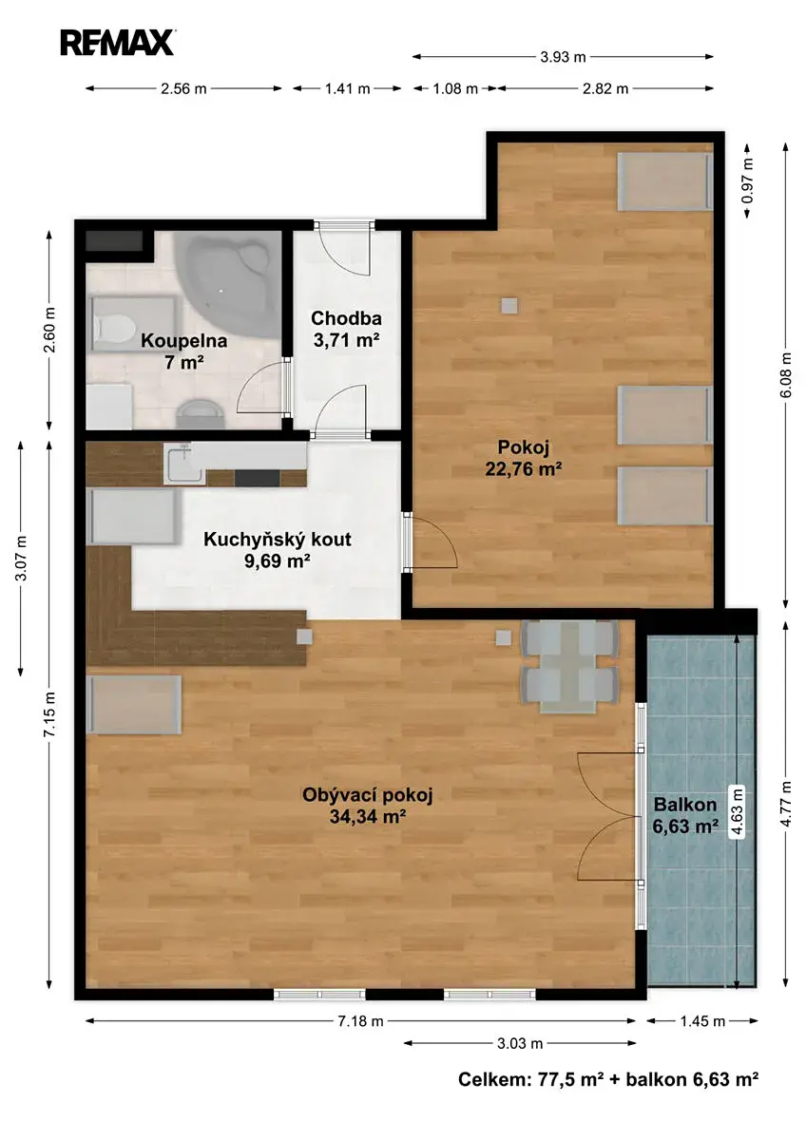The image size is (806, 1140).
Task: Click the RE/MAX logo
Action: [117, 43]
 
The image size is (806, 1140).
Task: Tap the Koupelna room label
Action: [183, 351]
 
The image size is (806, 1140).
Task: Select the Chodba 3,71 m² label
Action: [346, 329]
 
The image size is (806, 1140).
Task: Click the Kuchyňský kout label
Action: [278, 550]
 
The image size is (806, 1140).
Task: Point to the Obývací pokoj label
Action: [367, 806]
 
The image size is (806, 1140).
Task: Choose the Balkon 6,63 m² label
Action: [685, 815]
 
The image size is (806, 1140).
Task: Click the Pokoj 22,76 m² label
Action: [524, 458]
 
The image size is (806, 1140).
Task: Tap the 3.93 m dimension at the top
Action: [563, 57]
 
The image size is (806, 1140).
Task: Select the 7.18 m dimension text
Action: [360, 1021]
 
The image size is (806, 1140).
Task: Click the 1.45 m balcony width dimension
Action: [702, 1021]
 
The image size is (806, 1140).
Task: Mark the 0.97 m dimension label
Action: [747, 180]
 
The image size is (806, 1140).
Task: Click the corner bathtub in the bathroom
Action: [228, 282]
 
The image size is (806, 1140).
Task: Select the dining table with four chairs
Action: [569, 666]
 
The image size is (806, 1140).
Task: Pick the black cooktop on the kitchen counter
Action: [258, 478]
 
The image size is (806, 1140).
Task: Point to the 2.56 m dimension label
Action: [183, 88]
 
